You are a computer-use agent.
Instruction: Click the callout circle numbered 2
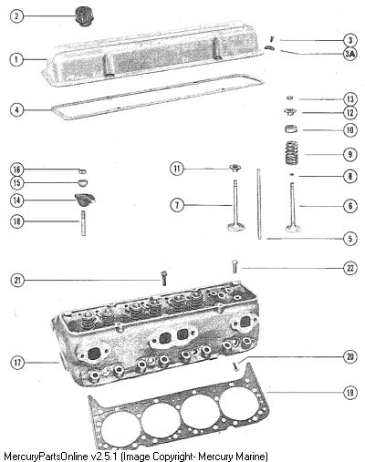[x=16, y=15]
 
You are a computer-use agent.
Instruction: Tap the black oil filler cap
[x=84, y=16]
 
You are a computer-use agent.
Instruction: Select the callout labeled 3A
[x=350, y=54]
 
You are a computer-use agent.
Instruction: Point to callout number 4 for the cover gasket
[x=16, y=109]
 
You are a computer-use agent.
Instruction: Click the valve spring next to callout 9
[x=291, y=153]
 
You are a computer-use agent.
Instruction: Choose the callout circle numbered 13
[x=350, y=99]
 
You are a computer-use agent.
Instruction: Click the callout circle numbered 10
[x=350, y=130]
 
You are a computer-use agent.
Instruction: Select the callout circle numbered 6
[x=350, y=206]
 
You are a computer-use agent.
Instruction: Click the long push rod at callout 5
[x=259, y=204]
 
